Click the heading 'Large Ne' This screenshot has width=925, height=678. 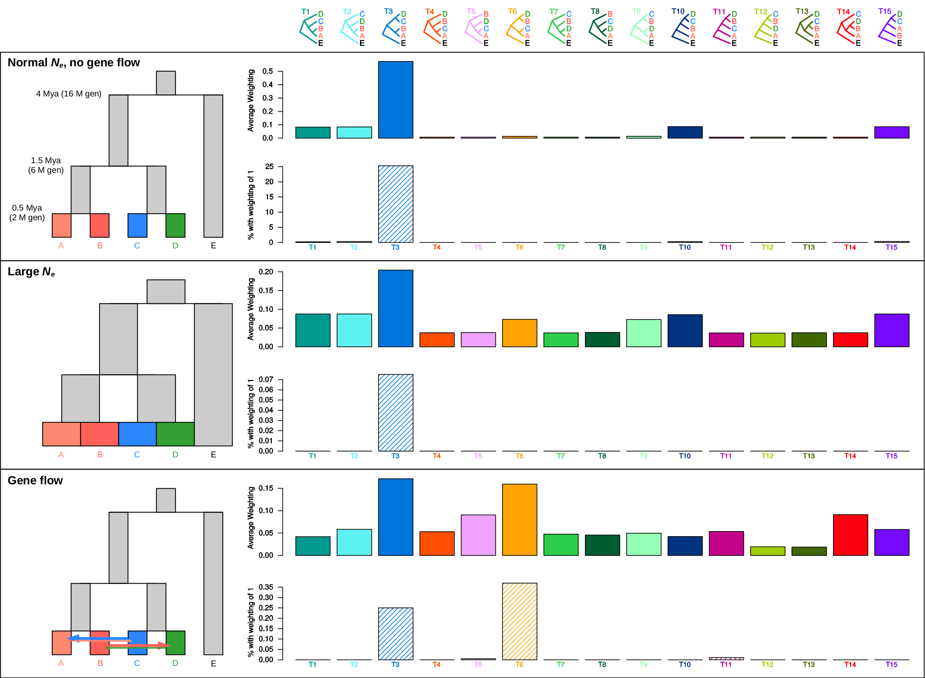coord(31,272)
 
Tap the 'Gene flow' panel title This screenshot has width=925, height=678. coord(35,481)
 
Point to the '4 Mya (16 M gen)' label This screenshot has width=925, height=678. coord(69,94)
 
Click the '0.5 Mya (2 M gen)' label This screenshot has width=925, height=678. coord(27,213)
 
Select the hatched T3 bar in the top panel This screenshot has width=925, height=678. coord(396,204)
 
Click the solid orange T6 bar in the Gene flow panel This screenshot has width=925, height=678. coord(520,520)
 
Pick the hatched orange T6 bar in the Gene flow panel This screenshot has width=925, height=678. coord(520,621)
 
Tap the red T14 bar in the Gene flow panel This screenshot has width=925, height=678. coord(850,535)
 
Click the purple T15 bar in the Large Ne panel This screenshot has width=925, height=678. coord(892,330)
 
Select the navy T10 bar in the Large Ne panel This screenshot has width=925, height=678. coord(685,331)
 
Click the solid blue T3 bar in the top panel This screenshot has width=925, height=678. coord(396,100)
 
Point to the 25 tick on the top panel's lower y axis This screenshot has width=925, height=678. coord(269,167)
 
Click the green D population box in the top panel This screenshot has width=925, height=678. coord(175,225)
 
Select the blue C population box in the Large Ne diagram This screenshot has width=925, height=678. coord(137,434)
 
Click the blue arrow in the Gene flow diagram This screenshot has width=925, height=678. coord(98,638)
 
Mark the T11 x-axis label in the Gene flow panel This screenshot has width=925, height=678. coord(726,664)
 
